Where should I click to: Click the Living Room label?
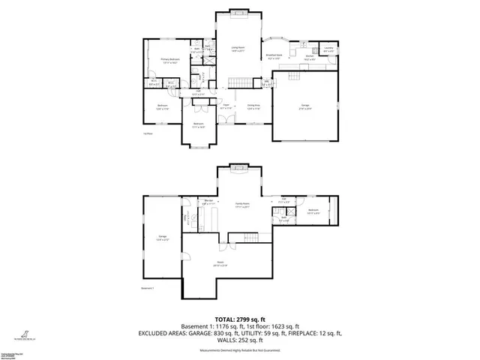click(x=237, y=49)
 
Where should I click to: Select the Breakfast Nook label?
click(x=274, y=56)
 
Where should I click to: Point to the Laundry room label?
click(x=328, y=50)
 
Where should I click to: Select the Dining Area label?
click(x=253, y=107)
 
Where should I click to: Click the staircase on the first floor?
click(x=238, y=80)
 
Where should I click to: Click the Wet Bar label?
click(x=209, y=201)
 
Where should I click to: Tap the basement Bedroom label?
click(x=314, y=211)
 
